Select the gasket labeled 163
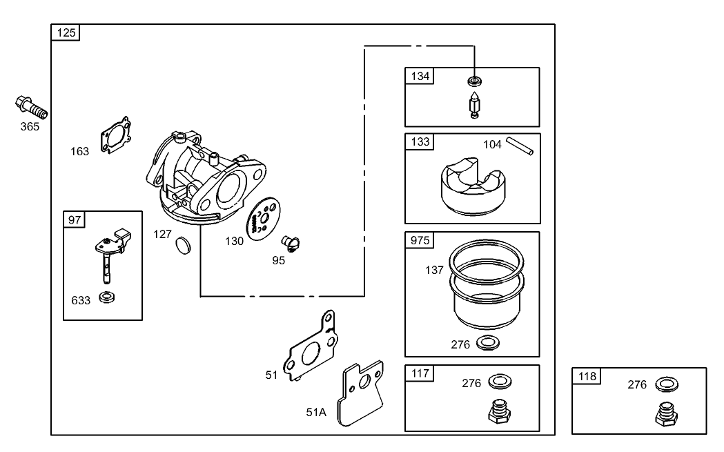pyautogui.click(x=115, y=135)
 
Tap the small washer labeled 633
pyautogui.click(x=108, y=297)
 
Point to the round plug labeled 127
pyautogui.click(x=184, y=244)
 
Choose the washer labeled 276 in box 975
pyautogui.click(x=488, y=343)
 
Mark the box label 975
pyautogui.click(x=420, y=240)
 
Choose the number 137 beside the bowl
pyautogui.click(x=435, y=270)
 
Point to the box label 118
pyautogui.click(x=587, y=376)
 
